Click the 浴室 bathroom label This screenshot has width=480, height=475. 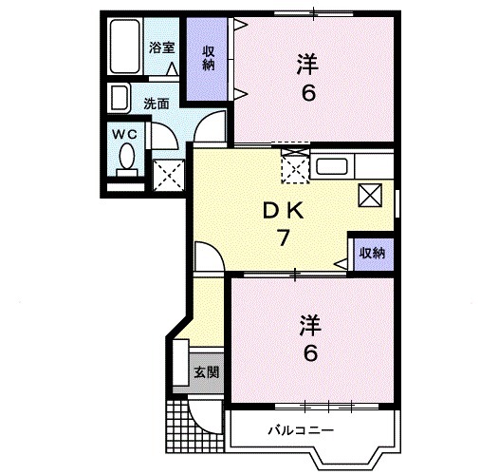(x=161, y=47)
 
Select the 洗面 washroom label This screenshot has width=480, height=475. (x=156, y=104)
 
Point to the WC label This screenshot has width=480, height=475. (x=126, y=134)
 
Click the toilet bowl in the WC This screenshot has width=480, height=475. (x=126, y=161)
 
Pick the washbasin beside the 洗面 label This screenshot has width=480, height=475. (x=120, y=98)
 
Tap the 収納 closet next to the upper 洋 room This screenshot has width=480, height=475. (x=208, y=59)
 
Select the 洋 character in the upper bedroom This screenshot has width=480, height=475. (x=305, y=64)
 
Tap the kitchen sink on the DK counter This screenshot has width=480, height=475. (x=332, y=167)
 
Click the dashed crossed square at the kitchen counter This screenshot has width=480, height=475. (x=295, y=170)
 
